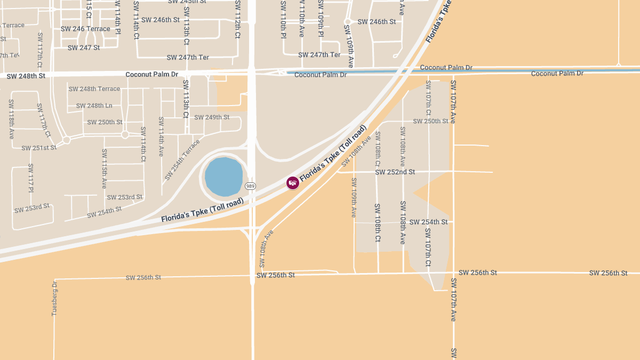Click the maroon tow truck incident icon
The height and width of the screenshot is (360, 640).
(293, 183)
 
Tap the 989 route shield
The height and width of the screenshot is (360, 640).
(251, 186)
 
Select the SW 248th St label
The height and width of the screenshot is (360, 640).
(27, 76)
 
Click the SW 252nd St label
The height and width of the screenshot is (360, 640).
(395, 172)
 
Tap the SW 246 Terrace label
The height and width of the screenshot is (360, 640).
(85, 29)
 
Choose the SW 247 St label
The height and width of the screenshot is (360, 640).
(84, 47)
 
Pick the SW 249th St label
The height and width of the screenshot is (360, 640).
(212, 117)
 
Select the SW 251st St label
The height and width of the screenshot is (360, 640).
(39, 147)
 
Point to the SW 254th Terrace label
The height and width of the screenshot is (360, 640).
(182, 159)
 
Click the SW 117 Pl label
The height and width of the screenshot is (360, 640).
(31, 178)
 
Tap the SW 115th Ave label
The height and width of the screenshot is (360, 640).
(105, 169)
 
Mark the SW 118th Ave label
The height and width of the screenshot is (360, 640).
(11, 119)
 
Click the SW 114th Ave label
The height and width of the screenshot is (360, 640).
(161, 137)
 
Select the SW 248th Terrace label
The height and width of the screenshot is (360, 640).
(94, 89)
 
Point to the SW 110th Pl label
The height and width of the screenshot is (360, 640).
(283, 19)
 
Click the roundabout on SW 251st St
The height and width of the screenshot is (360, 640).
(67, 140)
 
